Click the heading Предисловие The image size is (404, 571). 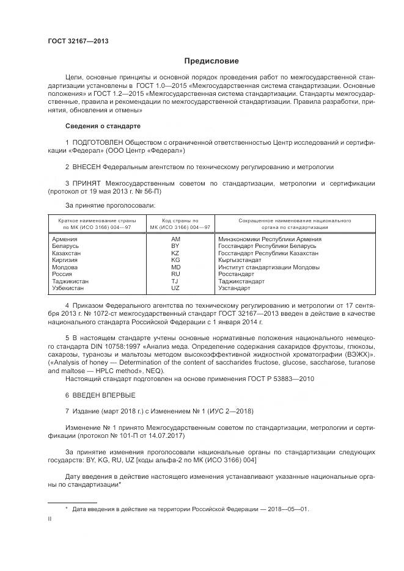(211, 61)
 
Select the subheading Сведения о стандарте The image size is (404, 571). (103, 126)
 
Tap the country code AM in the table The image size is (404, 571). (175, 239)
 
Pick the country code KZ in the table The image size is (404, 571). (175, 253)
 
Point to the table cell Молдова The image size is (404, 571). (65, 267)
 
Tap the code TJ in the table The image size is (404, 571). (175, 281)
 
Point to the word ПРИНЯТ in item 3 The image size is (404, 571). (87, 183)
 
